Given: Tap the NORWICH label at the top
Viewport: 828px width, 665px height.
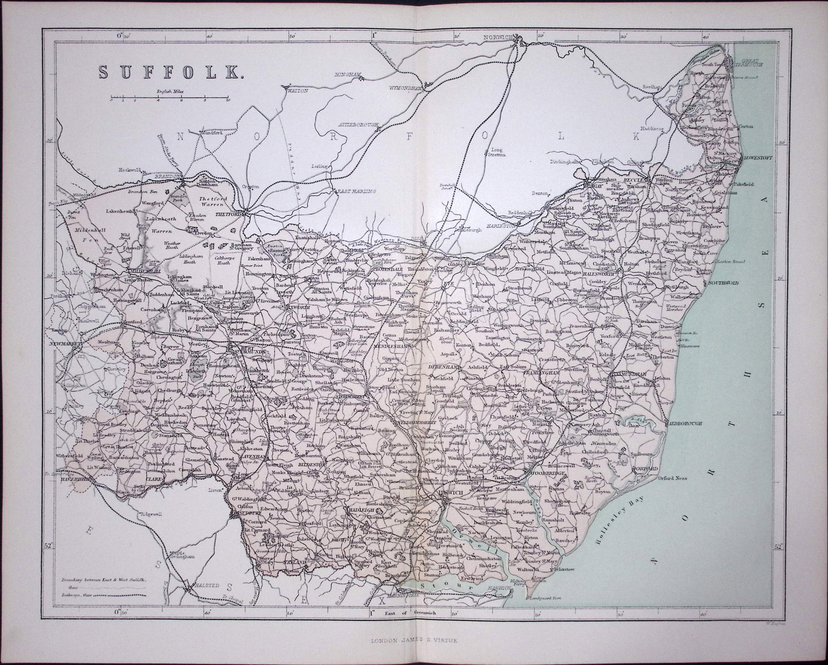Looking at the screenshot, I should pyautogui.click(x=498, y=37).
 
